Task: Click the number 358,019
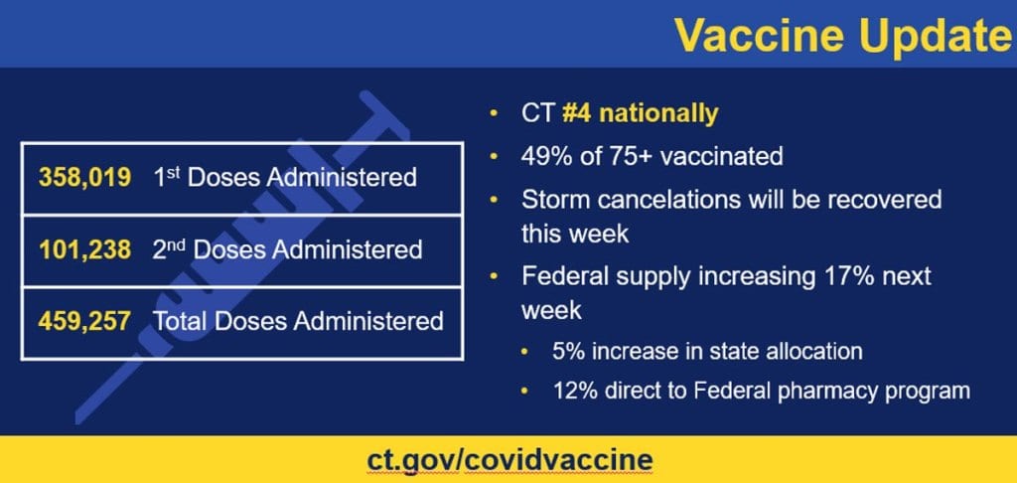[84, 179]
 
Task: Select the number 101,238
[84, 249]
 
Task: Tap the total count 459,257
[84, 321]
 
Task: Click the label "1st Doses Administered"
[285, 178]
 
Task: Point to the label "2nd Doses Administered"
[287, 249]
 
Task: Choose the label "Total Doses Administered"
[297, 321]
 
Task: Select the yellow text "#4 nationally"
[640, 113]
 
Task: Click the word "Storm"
[552, 199]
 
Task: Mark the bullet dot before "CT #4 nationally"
[494, 113]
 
